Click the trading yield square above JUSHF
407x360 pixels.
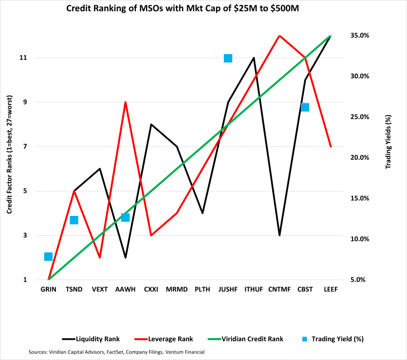tap(228, 59)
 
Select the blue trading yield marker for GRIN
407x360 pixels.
tap(48, 257)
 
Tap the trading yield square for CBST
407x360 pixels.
tap(305, 107)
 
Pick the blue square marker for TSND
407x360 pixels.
tap(74, 220)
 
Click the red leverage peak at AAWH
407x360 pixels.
tap(125, 102)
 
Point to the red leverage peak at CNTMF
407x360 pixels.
tap(279, 36)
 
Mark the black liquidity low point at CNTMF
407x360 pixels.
tap(279, 235)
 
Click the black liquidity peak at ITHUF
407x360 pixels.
tap(254, 58)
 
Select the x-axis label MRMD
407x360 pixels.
tap(177, 289)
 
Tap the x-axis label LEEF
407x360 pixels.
tap(331, 289)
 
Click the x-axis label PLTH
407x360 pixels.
tap(202, 289)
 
